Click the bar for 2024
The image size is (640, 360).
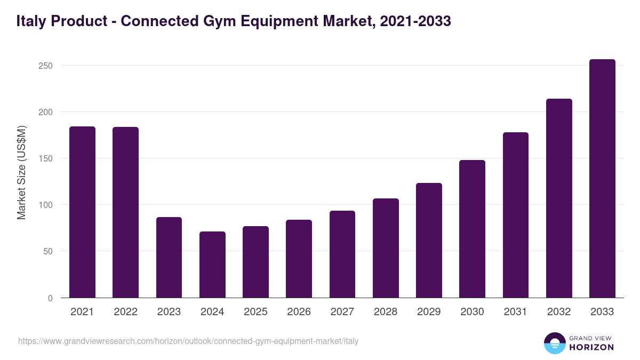[x=212, y=265]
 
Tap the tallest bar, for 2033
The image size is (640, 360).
[x=602, y=179]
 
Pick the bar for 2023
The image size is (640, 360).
[x=169, y=258]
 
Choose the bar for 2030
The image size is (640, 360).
[x=472, y=229]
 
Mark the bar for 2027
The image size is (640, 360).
[x=342, y=254]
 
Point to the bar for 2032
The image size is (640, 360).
[x=559, y=198]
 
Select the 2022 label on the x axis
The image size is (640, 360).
[x=125, y=312]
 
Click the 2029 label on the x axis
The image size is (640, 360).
[x=429, y=312]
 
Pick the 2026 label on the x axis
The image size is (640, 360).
[x=299, y=312]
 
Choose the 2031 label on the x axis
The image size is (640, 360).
[x=515, y=312]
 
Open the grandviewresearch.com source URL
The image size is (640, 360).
[x=188, y=341]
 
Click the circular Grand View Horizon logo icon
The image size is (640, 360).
[x=555, y=343]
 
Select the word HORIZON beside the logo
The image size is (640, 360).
[x=591, y=347]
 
